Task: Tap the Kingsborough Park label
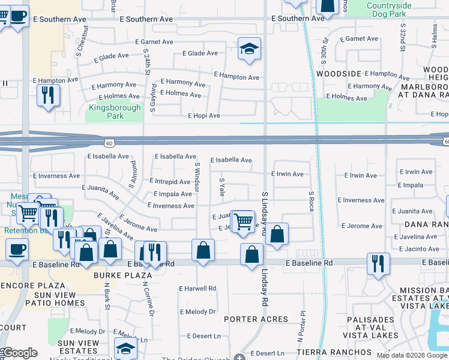(x=115, y=112)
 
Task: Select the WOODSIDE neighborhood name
(x=339, y=74)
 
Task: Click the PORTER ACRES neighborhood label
(x=256, y=319)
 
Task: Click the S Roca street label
(x=311, y=202)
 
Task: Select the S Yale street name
(x=221, y=187)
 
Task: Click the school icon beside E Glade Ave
(x=249, y=49)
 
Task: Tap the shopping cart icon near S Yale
(x=243, y=221)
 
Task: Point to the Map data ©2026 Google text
(x=411, y=355)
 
